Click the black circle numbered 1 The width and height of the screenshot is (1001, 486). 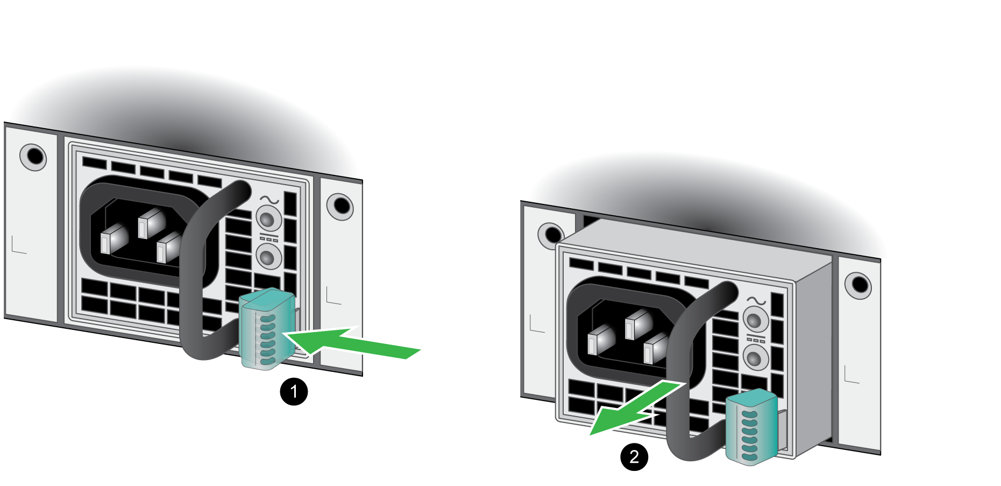pyautogui.click(x=294, y=391)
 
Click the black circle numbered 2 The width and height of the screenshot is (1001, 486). pyautogui.click(x=634, y=456)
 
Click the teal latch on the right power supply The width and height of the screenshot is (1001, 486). pyautogui.click(x=751, y=427)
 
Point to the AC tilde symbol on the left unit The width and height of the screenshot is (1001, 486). pyautogui.click(x=269, y=200)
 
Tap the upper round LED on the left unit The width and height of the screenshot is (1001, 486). pyautogui.click(x=268, y=219)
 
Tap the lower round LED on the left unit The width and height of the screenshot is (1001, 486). pyautogui.click(x=268, y=256)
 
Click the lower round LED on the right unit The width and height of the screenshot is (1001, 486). pyautogui.click(x=756, y=357)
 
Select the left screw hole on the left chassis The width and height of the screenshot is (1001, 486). pyautogui.click(x=33, y=157)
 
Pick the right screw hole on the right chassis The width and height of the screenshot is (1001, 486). pyautogui.click(x=858, y=285)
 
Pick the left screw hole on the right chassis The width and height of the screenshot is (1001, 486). pyautogui.click(x=551, y=235)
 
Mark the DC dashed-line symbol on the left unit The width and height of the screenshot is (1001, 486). pyautogui.click(x=269, y=237)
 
